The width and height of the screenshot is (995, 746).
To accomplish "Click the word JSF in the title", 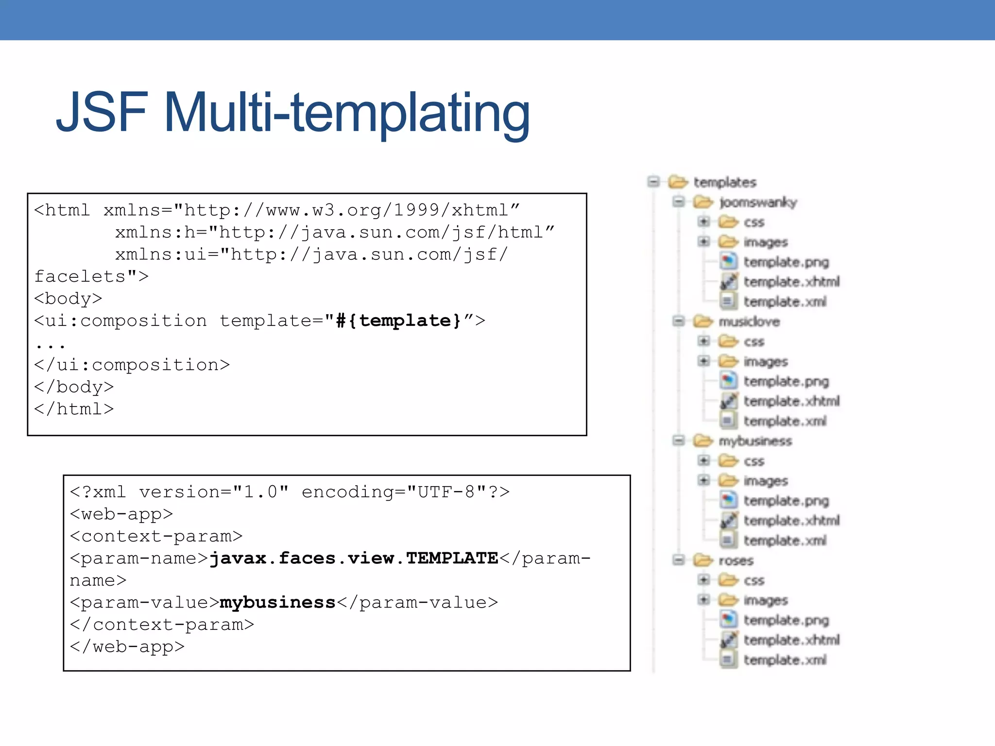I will coord(101,113).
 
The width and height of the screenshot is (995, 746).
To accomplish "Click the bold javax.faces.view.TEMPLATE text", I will coord(354,559).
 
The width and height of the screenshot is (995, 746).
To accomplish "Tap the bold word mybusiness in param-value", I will coord(277,603).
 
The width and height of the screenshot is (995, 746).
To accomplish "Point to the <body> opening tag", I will coord(68,299).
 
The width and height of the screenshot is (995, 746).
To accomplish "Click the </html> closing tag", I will coord(74,409).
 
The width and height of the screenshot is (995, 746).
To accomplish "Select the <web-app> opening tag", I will coord(121,514).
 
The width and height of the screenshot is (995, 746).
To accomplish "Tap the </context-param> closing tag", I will coord(162,625).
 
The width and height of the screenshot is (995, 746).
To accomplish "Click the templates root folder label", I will coord(725,183).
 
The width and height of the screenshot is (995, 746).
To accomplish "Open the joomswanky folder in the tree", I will coord(758,203).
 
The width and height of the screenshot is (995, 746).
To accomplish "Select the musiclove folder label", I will coord(749,322).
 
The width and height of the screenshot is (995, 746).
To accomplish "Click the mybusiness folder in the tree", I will coord(755,441).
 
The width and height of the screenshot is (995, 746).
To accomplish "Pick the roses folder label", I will coord(736,561).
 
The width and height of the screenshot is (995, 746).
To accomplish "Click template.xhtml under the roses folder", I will coord(791,640).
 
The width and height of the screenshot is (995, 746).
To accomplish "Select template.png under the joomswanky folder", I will coord(786,262).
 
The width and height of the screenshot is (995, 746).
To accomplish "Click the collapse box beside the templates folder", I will coord(654,182).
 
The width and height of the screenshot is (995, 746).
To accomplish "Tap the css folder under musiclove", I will coord(754,342).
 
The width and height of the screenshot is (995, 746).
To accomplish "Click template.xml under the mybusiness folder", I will coord(785,541).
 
